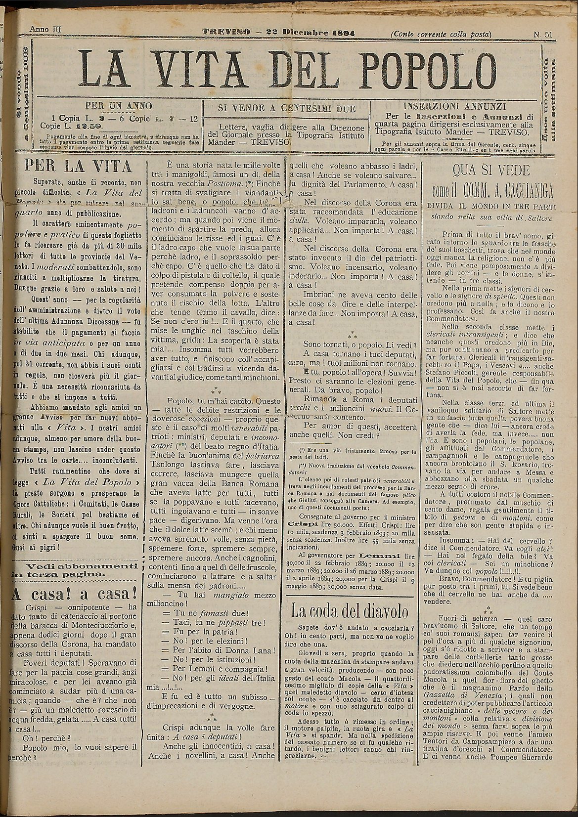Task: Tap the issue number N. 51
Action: coord(542,34)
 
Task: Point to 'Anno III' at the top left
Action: coord(45,29)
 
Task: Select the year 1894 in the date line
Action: coord(342,33)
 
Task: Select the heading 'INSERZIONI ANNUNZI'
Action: coord(454,106)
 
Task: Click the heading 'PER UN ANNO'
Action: coord(119,105)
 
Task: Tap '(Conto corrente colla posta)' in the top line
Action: coord(441,34)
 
